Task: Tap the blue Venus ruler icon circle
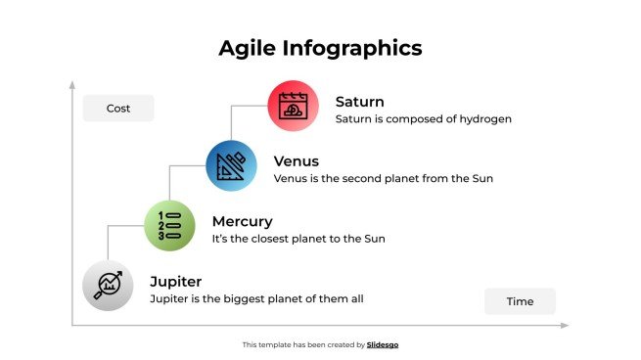click(231, 164)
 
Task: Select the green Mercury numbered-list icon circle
click(169, 225)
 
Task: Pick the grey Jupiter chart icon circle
click(108, 286)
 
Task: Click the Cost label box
click(118, 108)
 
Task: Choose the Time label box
click(520, 301)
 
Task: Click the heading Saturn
click(359, 102)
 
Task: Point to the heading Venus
click(297, 161)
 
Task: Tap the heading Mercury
click(242, 222)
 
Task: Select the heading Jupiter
click(175, 282)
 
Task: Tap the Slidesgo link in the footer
click(383, 344)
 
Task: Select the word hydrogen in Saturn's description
click(485, 119)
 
